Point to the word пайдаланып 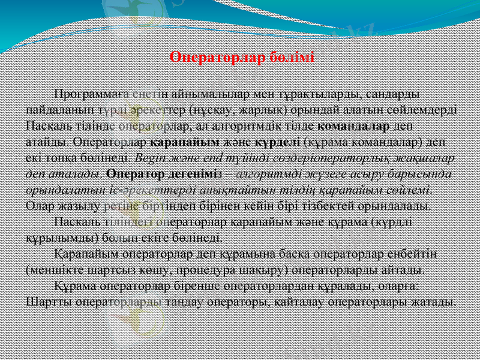(59, 111)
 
